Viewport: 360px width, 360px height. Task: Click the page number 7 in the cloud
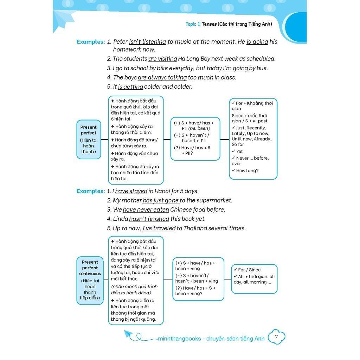click(x=276, y=337)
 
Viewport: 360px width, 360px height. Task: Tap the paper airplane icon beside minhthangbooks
click(x=129, y=334)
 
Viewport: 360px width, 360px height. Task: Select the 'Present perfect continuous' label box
click(x=90, y=280)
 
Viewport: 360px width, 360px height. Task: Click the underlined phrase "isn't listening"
click(x=147, y=42)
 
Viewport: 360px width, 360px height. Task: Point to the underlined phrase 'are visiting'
click(x=162, y=59)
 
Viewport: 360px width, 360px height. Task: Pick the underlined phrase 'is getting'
click(x=130, y=86)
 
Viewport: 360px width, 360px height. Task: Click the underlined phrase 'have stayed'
click(x=131, y=191)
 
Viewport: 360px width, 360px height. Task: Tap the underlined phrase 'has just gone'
click(x=161, y=200)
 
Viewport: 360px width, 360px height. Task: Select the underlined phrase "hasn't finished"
click(x=149, y=219)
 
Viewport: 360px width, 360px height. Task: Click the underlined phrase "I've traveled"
click(x=159, y=228)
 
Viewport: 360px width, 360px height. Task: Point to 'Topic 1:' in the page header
click(x=193, y=24)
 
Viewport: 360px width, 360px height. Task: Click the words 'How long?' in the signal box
click(x=247, y=171)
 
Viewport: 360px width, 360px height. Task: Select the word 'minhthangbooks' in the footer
click(x=179, y=339)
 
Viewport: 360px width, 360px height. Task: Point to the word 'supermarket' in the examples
click(x=214, y=200)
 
